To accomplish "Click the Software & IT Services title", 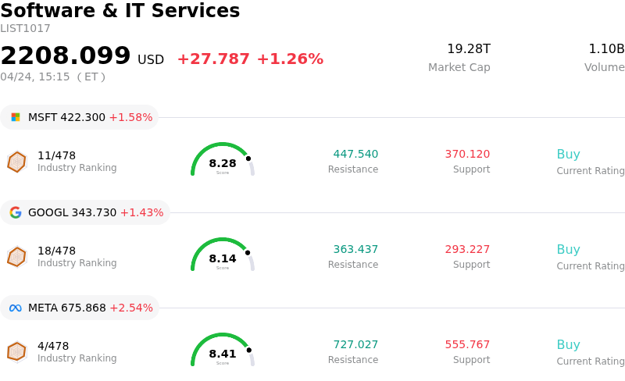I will pos(120,11).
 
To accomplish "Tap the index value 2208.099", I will pos(66,56).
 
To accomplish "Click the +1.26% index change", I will pos(290,59).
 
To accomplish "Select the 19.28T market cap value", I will pos(469,49).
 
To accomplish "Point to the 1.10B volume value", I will pos(606,49).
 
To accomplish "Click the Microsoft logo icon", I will pos(16,117).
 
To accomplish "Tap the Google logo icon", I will pos(16,212).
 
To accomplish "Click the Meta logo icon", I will pos(16,308).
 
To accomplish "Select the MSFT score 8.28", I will pos(223,163).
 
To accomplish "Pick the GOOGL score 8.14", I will pos(223,258).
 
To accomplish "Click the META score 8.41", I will pos(223,354).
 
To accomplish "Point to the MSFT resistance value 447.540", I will pos(355,155).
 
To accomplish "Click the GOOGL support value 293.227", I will pos(467,250).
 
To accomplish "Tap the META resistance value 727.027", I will pos(355,345).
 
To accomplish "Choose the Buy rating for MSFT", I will pos(568,155).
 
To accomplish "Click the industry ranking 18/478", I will pos(56,251).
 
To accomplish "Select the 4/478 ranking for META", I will pos(53,346).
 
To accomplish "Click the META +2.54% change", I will pos(131,308).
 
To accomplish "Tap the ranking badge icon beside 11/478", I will pos(16,162).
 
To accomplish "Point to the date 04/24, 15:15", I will pos(35,77).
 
